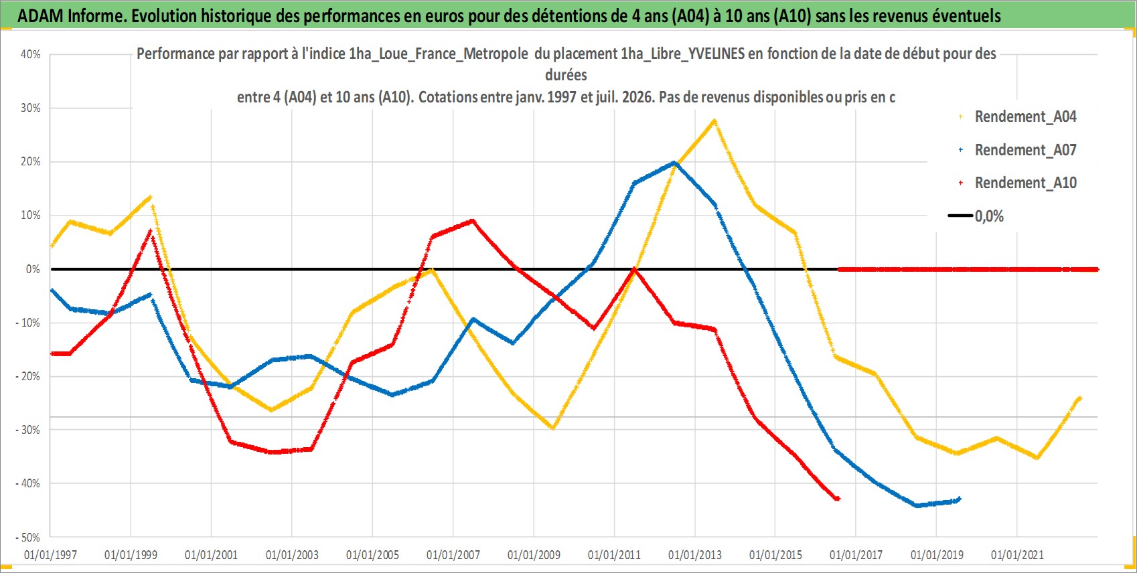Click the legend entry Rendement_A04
[x=1017, y=116]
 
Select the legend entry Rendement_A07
[x=1017, y=150]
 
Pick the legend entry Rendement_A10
[x=1017, y=183]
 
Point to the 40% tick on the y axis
[x=30, y=54]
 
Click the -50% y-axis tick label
[x=28, y=537]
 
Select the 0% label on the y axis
[x=33, y=269]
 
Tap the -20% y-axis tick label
[x=28, y=376]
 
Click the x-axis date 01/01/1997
[x=50, y=555]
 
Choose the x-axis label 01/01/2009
[x=534, y=555]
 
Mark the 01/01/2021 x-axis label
[x=1017, y=555]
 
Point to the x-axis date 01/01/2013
[x=695, y=555]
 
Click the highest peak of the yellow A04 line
[x=714, y=120]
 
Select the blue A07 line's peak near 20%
[x=674, y=163]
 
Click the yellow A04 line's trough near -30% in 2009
[x=553, y=428]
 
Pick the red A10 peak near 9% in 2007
[x=473, y=221]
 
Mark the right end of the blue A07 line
[x=959, y=499]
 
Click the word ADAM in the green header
[x=40, y=16]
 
